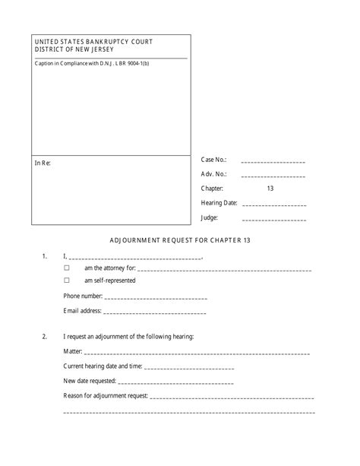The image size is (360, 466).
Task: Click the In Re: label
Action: click(43, 163)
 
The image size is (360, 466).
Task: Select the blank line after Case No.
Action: click(273, 163)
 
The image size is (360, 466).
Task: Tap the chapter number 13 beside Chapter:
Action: click(270, 189)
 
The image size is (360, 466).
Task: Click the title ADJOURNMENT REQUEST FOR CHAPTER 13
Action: click(179, 240)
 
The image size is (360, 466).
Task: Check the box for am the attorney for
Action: click(67, 268)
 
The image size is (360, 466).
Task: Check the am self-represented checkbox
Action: click(67, 281)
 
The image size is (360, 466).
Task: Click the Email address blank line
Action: click(154, 312)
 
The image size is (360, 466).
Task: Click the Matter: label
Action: click(73, 353)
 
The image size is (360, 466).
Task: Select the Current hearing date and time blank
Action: click(188, 368)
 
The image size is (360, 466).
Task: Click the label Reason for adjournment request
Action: click(106, 396)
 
